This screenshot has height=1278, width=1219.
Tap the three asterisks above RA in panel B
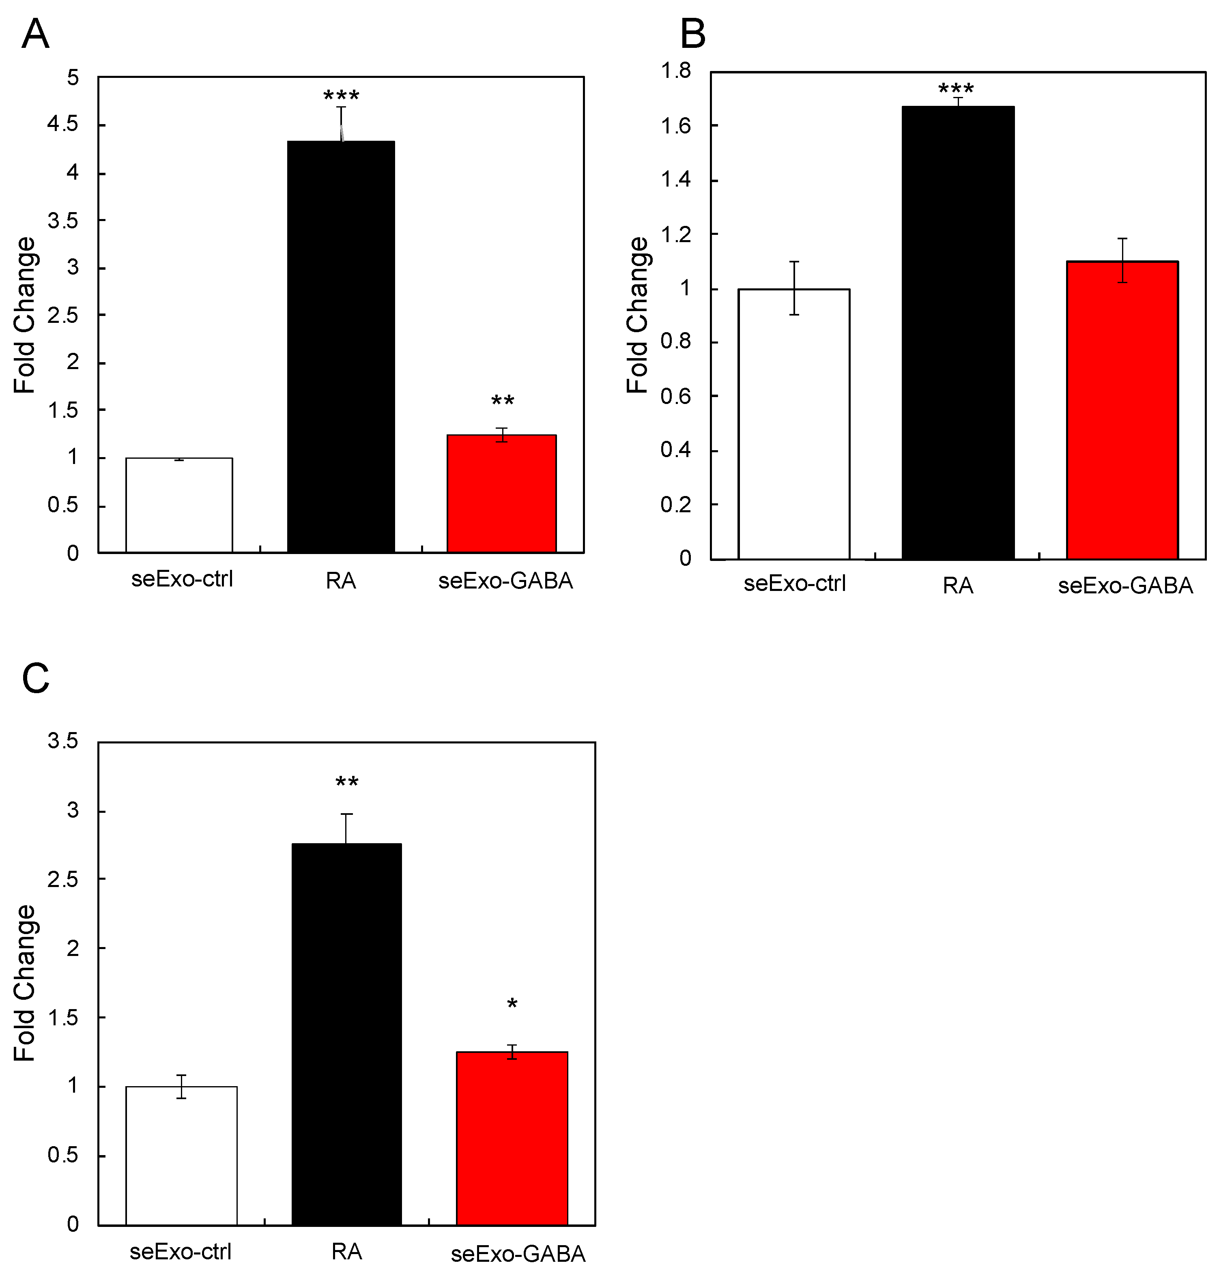tap(956, 89)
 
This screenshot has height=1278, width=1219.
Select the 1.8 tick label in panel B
tap(676, 70)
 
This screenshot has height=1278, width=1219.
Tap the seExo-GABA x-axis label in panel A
tap(505, 581)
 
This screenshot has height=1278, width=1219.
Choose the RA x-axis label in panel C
tap(346, 1251)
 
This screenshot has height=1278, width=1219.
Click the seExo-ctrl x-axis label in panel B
tap(795, 584)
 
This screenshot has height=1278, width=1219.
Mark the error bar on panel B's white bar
tap(794, 288)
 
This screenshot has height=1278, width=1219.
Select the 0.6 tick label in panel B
tap(676, 396)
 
